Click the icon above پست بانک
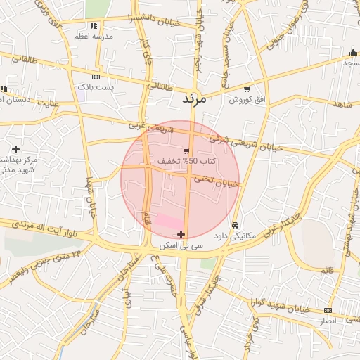pyautogui.click(x=96, y=77)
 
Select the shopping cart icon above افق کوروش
pyautogui.click(x=246, y=89)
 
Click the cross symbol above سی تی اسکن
pyautogui.click(x=181, y=234)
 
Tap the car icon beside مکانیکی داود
pyautogui.click(x=234, y=225)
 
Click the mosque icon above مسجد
pyautogui.click(x=352, y=52)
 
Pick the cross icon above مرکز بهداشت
pyautogui.click(x=15, y=149)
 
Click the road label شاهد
pyautogui.click(x=344, y=104)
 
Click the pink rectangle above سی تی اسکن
pyautogui.click(x=167, y=221)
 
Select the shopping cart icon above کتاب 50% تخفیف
pyautogui.click(x=186, y=151)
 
